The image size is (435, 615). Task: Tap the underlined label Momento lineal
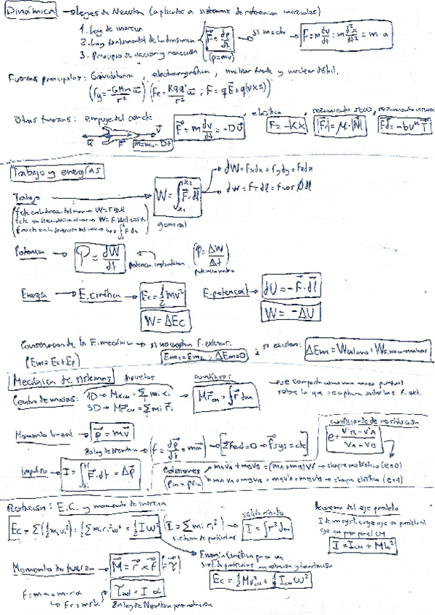(x=41, y=434)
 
